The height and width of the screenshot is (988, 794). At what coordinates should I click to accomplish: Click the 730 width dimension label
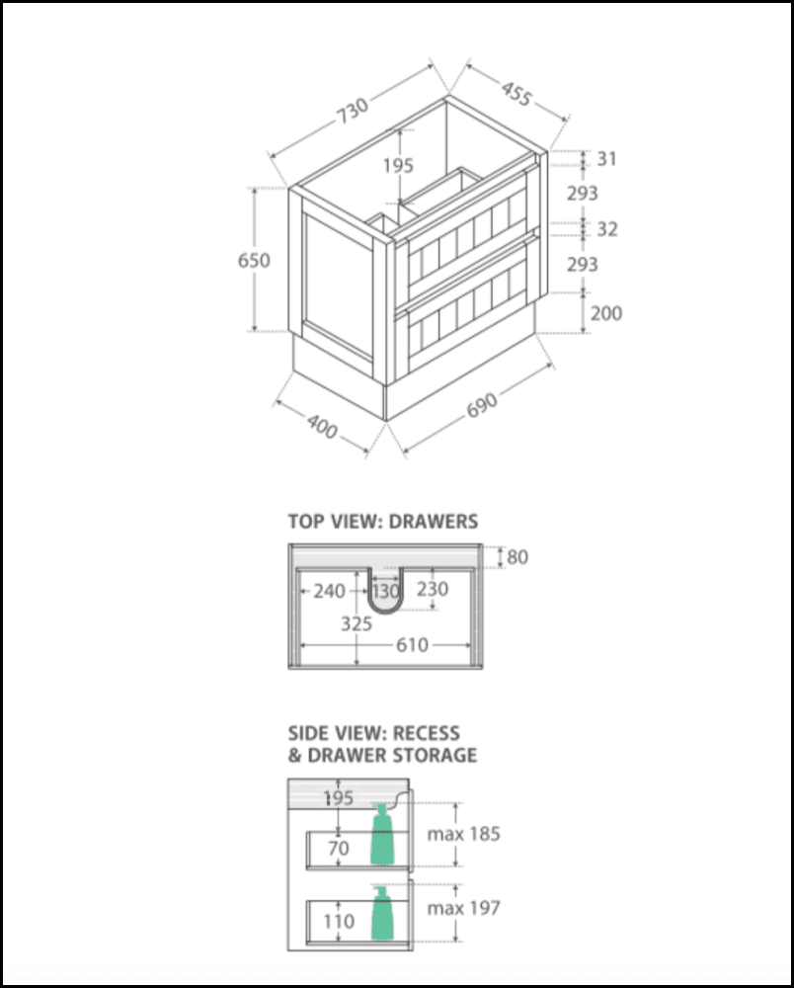click(353, 111)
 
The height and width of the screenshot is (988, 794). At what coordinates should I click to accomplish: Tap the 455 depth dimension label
click(516, 93)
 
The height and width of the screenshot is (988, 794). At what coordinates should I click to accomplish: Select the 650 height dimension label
click(254, 260)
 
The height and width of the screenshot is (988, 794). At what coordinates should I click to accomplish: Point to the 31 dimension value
click(607, 159)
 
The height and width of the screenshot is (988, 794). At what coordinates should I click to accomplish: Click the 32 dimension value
click(607, 229)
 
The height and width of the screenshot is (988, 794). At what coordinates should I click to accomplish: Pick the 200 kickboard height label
click(606, 312)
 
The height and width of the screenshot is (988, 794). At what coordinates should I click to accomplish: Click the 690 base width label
click(482, 405)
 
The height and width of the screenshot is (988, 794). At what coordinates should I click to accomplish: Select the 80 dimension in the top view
click(516, 557)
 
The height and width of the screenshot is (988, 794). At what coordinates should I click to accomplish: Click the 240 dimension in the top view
click(329, 591)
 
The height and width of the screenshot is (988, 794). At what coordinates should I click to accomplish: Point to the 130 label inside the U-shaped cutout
click(385, 591)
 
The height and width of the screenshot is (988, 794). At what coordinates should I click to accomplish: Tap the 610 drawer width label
click(412, 644)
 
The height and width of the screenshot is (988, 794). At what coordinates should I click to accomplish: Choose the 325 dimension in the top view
click(357, 623)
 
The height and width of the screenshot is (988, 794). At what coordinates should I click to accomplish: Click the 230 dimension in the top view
click(433, 589)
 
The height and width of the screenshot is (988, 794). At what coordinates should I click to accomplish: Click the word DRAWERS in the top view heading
click(434, 522)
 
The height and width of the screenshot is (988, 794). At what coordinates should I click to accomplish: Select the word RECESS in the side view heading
click(427, 733)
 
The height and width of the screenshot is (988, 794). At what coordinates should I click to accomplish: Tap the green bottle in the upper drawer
click(381, 834)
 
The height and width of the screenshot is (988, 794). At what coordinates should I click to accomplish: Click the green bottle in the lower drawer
click(381, 913)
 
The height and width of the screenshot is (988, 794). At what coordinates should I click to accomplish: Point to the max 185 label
click(463, 834)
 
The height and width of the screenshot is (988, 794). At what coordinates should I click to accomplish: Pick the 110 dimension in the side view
click(339, 921)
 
